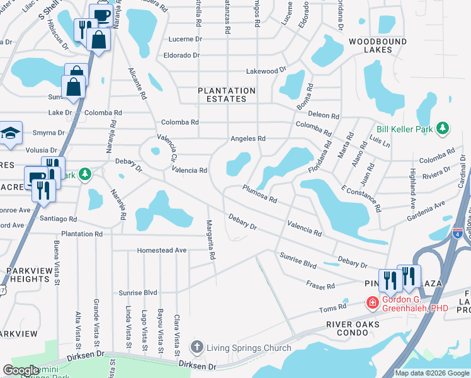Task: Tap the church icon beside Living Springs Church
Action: [197, 347]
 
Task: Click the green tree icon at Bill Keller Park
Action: [443, 129]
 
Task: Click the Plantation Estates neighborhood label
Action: [227, 94]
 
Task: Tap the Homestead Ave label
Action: [162, 250]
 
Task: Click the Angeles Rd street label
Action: [248, 139]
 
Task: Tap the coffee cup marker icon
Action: [100, 14]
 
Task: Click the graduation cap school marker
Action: [10, 133]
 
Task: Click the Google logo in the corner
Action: [20, 370]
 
